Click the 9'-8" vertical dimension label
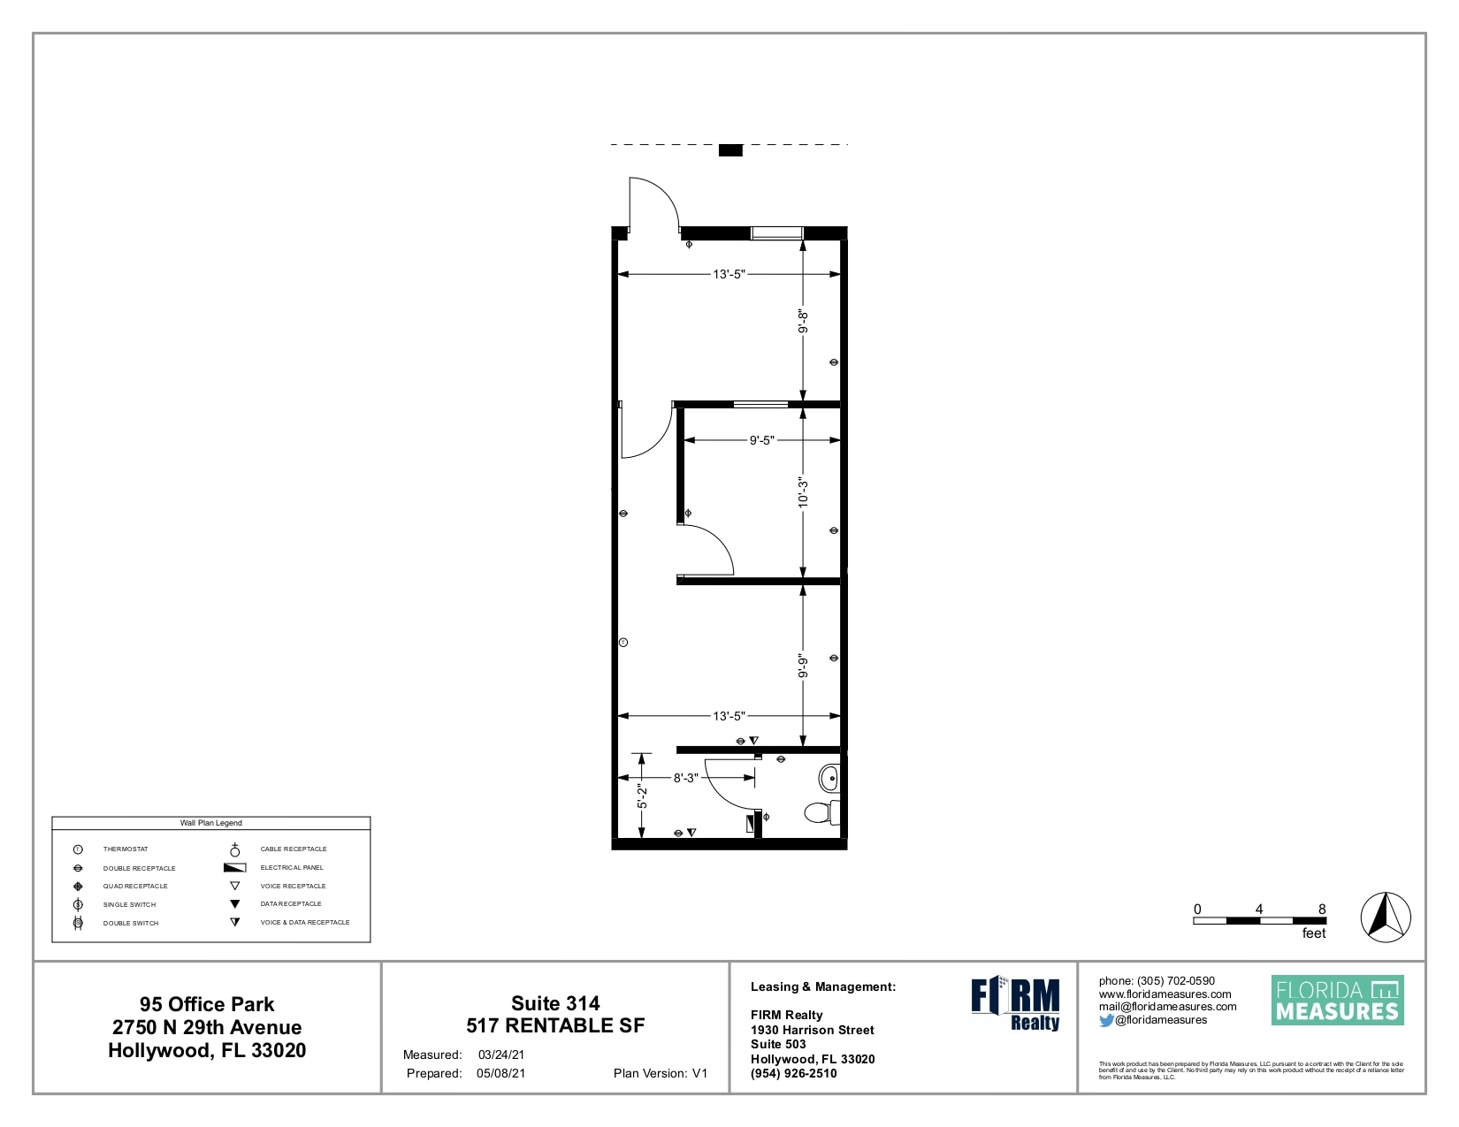click(x=803, y=321)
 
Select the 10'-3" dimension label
click(x=803, y=492)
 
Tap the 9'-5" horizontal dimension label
click(x=761, y=439)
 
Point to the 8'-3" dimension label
click(x=685, y=778)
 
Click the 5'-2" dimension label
click(x=643, y=797)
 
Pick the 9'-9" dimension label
click(x=803, y=666)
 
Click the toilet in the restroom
click(x=821, y=811)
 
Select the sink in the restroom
click(x=829, y=779)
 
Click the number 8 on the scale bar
click(x=1322, y=909)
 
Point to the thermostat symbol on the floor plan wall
click(x=623, y=643)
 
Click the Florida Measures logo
click(x=1337, y=1001)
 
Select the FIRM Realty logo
click(x=1015, y=1003)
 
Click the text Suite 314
click(x=555, y=1003)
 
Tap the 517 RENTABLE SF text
click(x=555, y=1025)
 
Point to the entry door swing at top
click(x=653, y=204)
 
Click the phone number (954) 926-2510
click(x=793, y=1073)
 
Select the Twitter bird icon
click(x=1106, y=1020)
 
